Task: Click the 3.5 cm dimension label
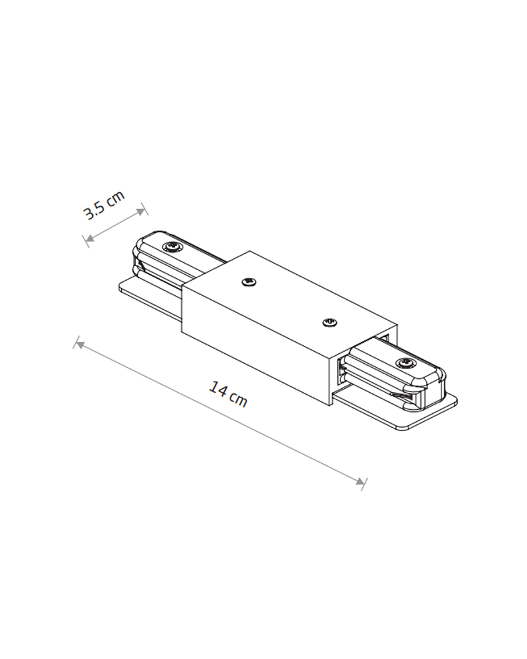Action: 104,205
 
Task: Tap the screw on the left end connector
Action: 173,246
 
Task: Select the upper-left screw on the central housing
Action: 250,281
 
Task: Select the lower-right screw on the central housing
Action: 330,322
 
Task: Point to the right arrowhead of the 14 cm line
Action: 360,482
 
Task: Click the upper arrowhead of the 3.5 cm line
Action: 140,211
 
